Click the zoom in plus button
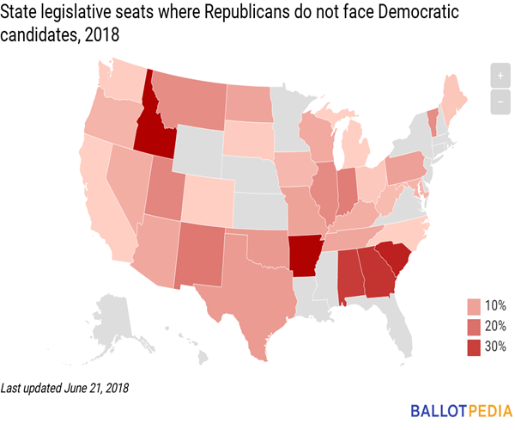click(x=499, y=76)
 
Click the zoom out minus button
click(x=499, y=101)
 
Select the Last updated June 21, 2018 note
click(x=65, y=388)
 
